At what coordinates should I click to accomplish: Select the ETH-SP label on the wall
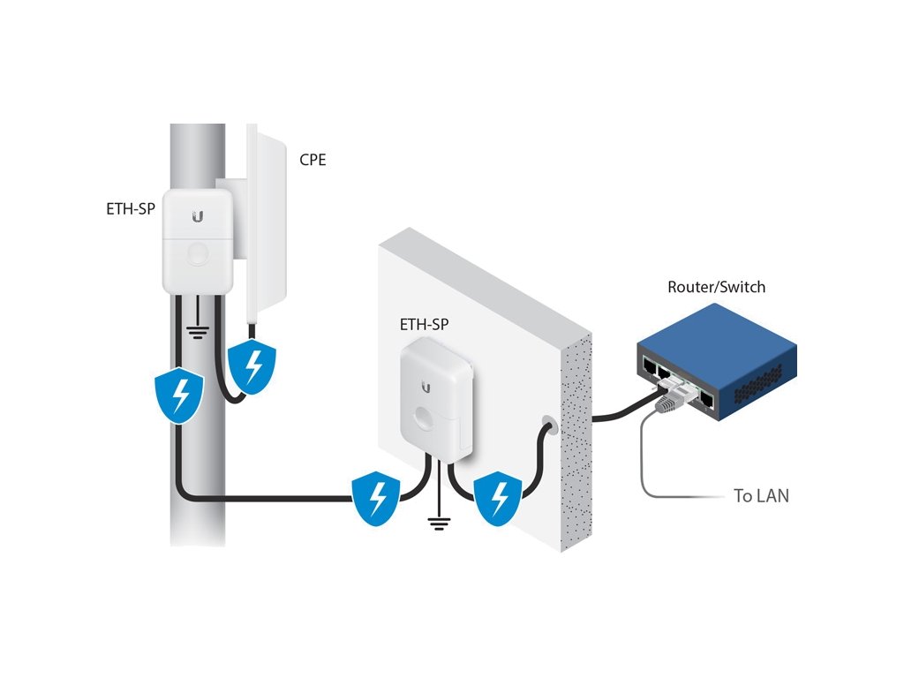point(425,324)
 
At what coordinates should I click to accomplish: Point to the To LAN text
point(761,496)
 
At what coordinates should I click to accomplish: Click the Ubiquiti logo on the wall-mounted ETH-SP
point(427,386)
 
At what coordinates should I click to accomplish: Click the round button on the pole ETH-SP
point(198,255)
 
